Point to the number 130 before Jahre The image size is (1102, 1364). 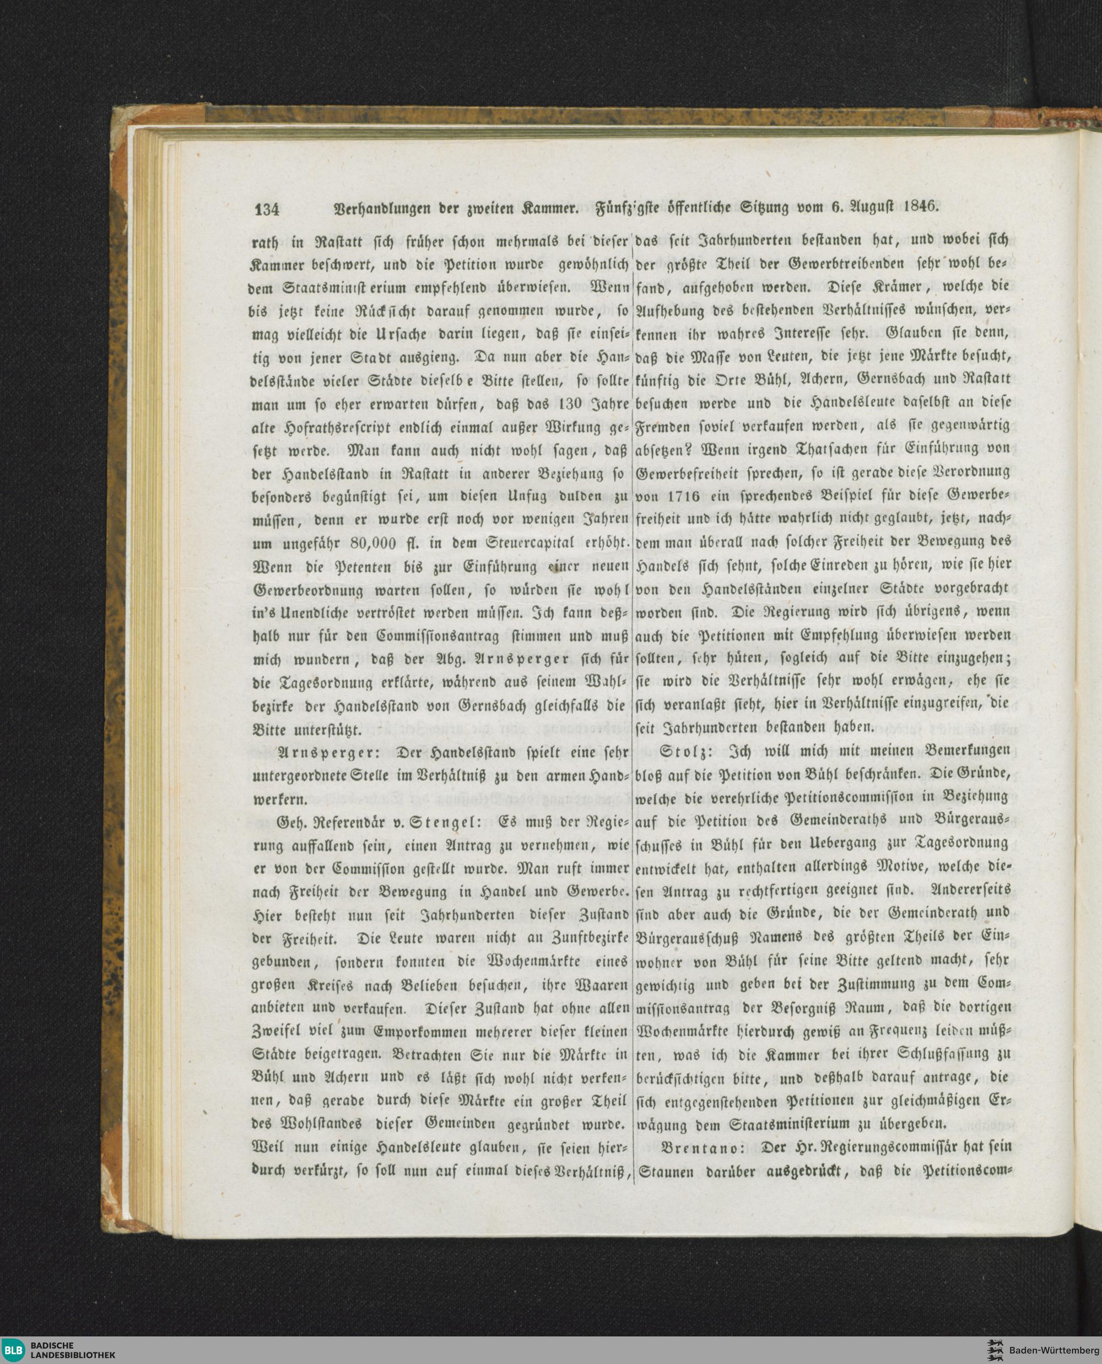coord(554,405)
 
